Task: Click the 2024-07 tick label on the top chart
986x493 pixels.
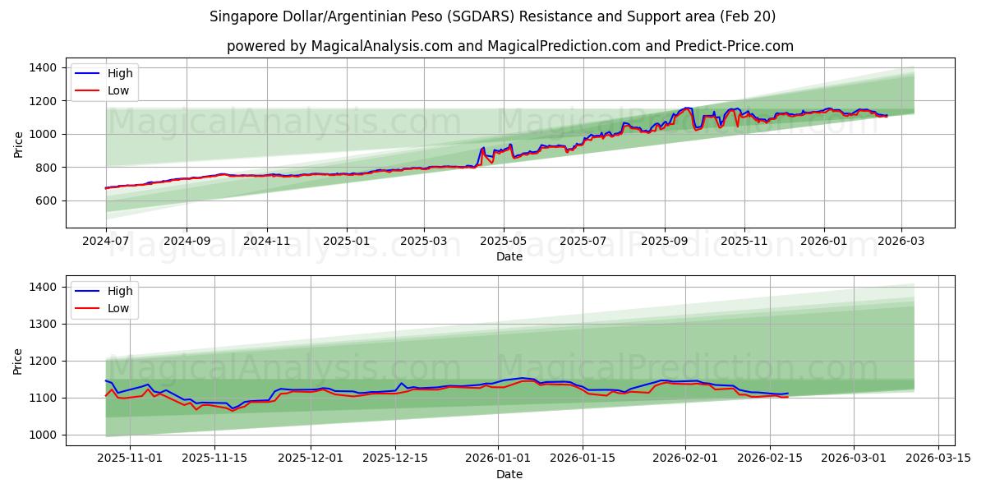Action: tap(106, 242)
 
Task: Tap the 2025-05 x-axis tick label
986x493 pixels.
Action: tap(504, 242)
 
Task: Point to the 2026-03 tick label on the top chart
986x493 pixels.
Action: tap(901, 242)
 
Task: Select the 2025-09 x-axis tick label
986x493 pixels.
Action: tap(665, 242)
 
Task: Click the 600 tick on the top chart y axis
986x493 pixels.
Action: tap(45, 200)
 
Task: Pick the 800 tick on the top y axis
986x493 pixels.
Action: tap(45, 168)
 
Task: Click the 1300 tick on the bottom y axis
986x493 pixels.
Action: tap(42, 324)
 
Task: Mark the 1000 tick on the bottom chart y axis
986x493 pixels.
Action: tap(42, 435)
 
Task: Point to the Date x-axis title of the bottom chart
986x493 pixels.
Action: tap(509, 474)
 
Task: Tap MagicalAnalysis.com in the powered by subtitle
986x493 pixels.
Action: tap(382, 46)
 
